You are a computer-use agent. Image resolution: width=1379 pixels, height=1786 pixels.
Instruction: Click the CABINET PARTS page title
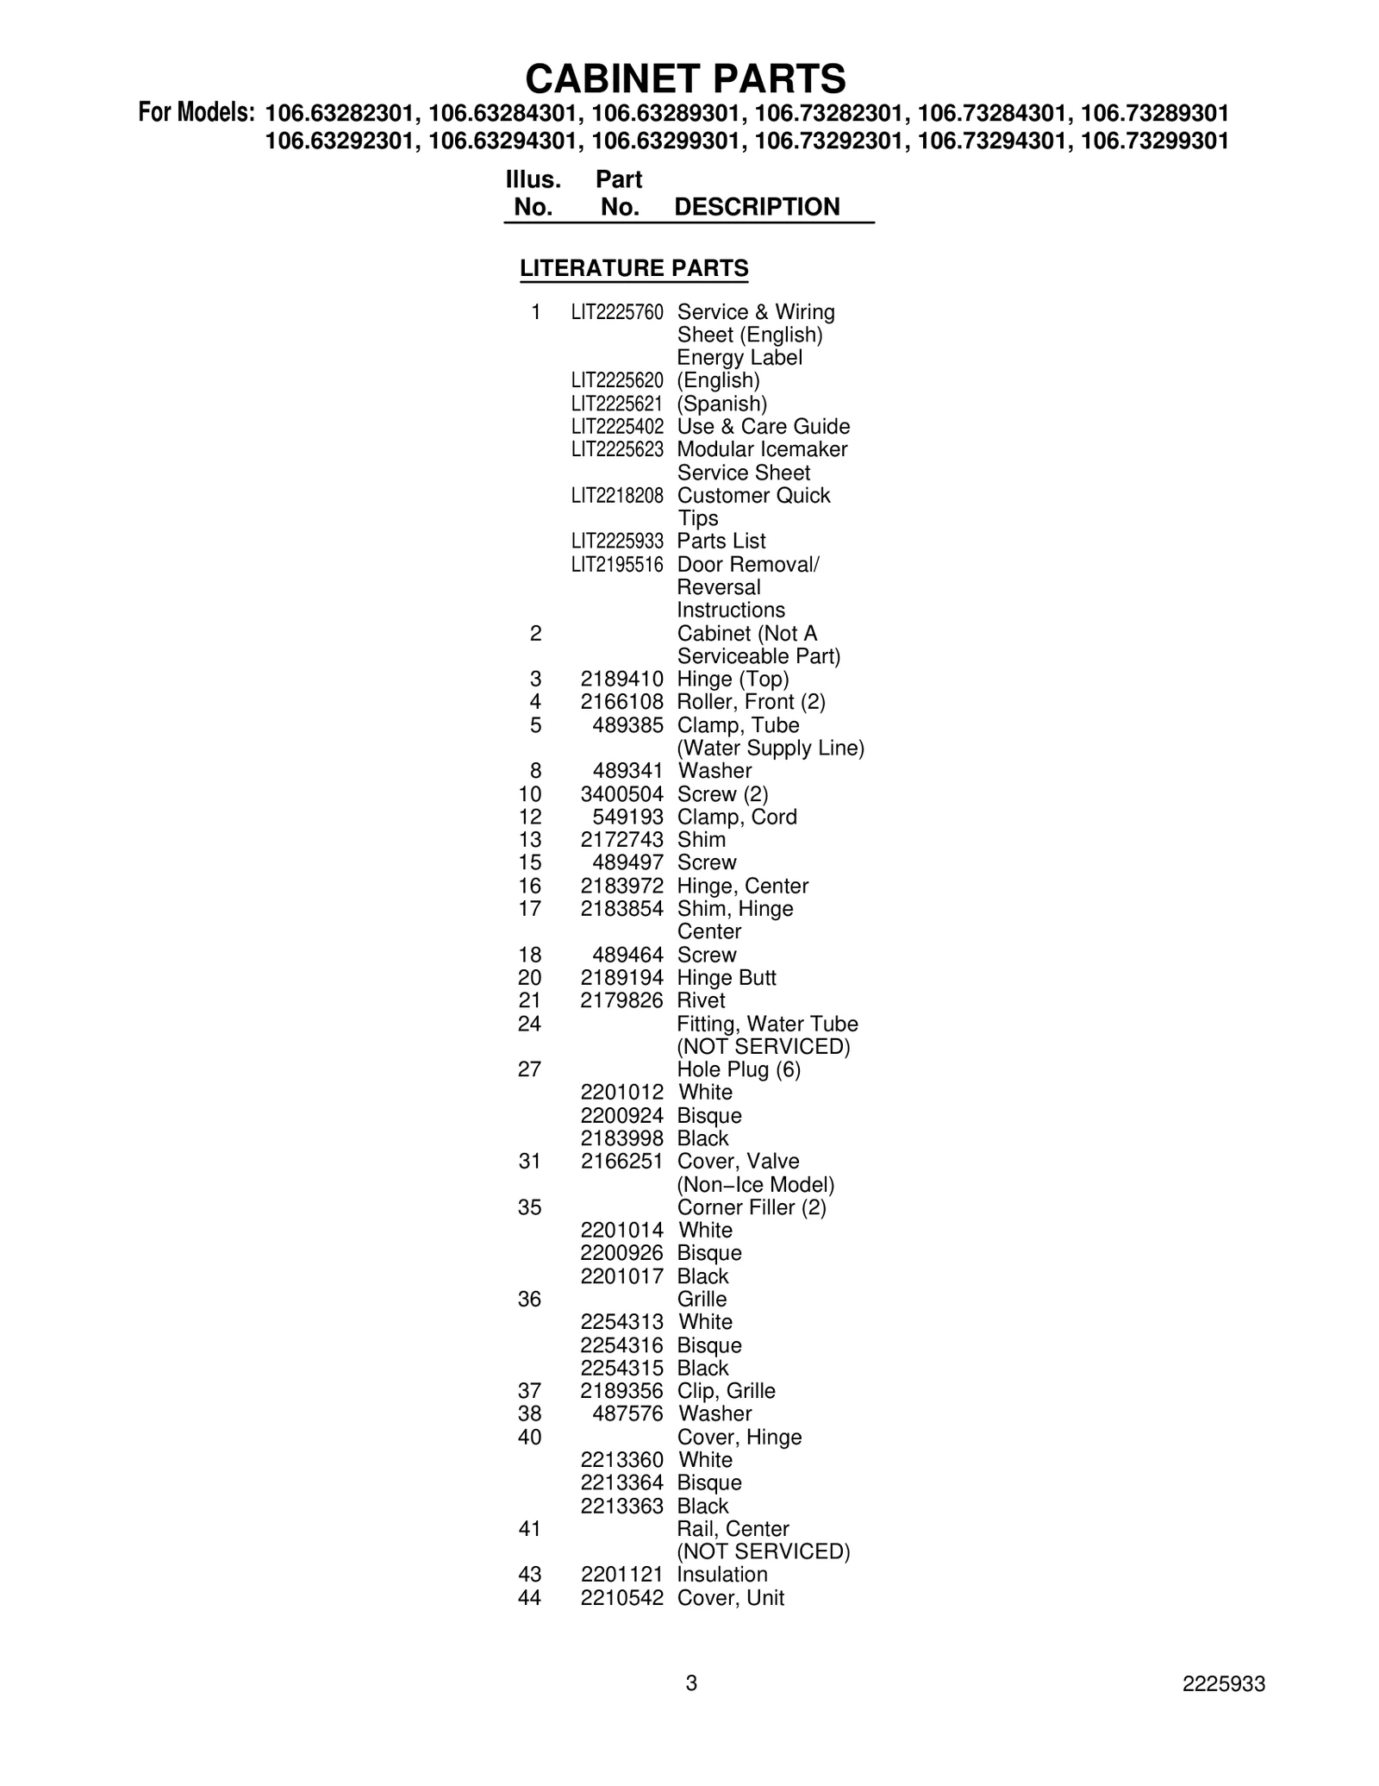[x=685, y=78]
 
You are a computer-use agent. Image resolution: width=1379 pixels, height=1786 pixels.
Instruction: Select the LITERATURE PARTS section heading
[x=633, y=268]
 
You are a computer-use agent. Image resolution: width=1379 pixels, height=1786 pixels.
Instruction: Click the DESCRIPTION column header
[x=756, y=207]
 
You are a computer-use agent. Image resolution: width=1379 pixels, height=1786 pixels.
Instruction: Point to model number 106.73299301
[x=1154, y=141]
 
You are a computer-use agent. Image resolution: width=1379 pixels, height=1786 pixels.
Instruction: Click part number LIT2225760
[x=617, y=312]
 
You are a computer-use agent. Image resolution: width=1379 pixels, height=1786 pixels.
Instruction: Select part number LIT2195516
[x=617, y=565]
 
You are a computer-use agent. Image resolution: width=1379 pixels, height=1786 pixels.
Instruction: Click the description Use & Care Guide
[x=763, y=427]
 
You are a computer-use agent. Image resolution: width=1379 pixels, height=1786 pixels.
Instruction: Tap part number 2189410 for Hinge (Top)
[x=621, y=680]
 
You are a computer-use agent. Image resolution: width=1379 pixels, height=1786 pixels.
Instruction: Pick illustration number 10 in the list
[x=530, y=794]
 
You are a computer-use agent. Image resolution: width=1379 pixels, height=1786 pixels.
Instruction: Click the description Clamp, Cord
[x=737, y=817]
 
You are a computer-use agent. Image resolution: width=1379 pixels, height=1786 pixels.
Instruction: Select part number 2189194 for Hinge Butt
[x=621, y=978]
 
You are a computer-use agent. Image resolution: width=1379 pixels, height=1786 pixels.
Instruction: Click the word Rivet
[x=702, y=1000]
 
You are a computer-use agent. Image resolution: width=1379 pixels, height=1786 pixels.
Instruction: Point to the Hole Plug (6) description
[x=739, y=1070]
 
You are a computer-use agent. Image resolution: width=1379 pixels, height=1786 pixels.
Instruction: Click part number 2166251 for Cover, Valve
[x=621, y=1162]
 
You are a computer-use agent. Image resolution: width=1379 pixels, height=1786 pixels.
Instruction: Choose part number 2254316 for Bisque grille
[x=621, y=1345]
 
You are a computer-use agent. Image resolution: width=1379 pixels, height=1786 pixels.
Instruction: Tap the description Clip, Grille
[x=726, y=1391]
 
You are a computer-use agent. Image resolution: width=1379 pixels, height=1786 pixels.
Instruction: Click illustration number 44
[x=529, y=1598]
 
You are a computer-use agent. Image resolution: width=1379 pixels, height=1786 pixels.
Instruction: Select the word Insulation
[x=721, y=1575]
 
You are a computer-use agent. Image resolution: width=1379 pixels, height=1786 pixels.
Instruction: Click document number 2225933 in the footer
[x=1223, y=1684]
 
